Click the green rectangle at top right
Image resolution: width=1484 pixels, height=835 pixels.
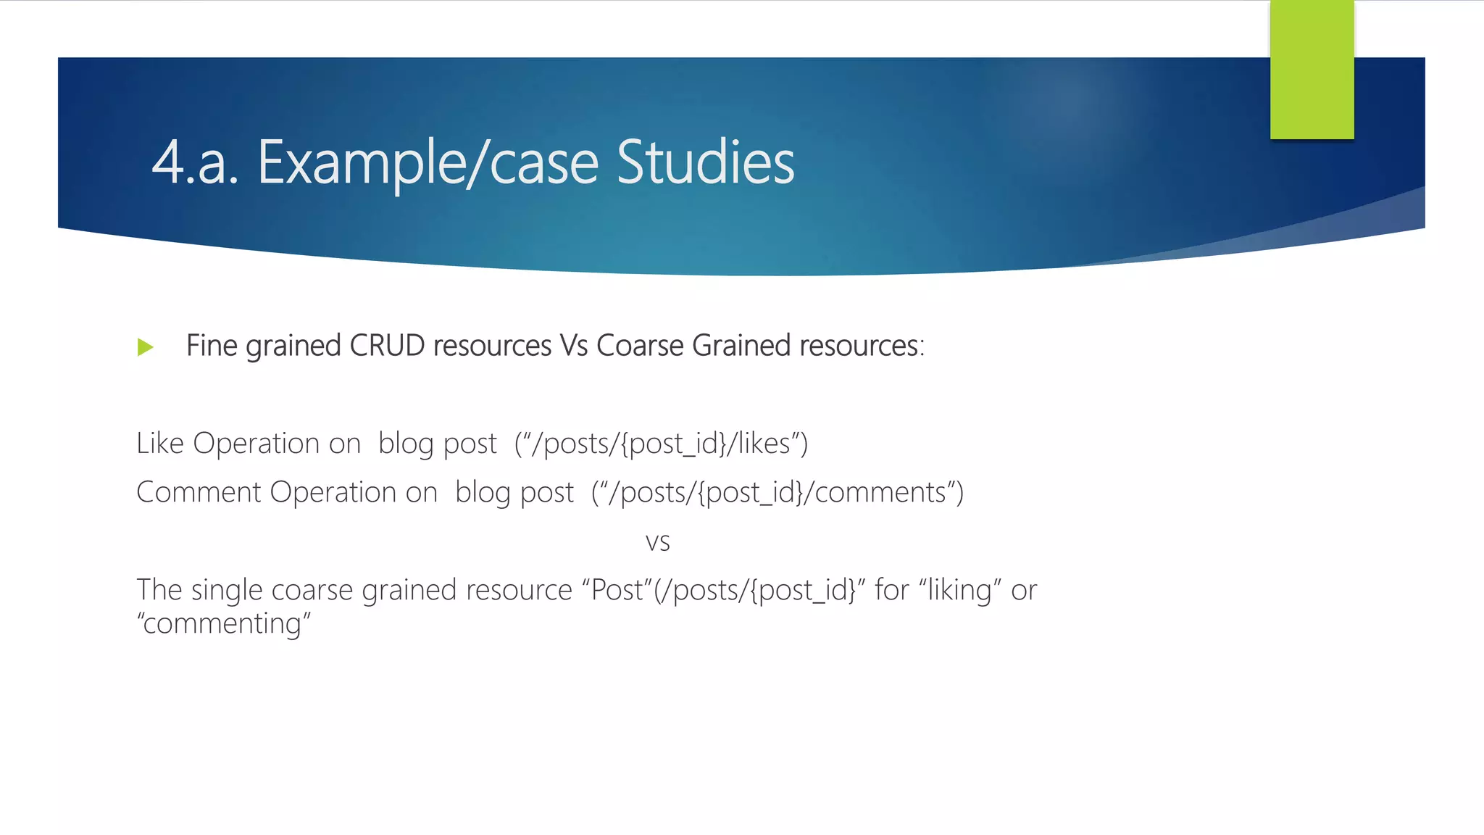point(1312,69)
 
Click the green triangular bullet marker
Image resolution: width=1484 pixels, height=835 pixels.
point(145,347)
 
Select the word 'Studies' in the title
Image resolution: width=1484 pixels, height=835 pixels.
point(705,162)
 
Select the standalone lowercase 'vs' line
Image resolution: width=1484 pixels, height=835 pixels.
point(657,542)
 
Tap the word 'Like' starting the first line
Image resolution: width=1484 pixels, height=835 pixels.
point(160,444)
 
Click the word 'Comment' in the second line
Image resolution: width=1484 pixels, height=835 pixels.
point(199,493)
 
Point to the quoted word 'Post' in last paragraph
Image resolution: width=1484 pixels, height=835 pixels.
point(617,590)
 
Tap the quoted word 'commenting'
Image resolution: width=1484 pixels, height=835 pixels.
point(223,623)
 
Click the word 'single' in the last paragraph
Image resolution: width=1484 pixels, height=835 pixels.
point(227,591)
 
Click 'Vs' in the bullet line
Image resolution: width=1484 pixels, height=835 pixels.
point(573,346)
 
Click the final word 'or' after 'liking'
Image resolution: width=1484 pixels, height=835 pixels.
point(1024,591)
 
